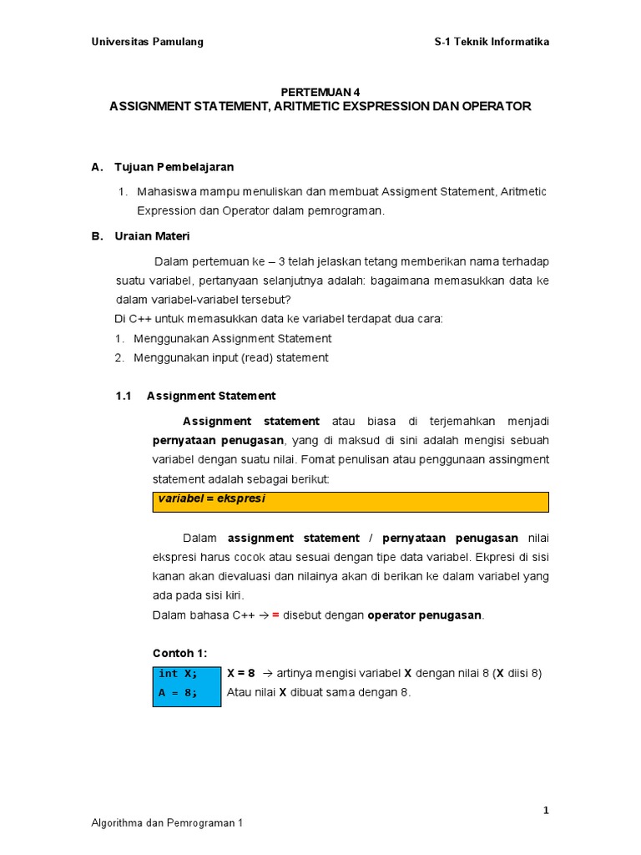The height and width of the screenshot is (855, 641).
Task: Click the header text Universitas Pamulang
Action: [147, 42]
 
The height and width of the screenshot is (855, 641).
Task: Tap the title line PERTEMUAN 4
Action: [320, 92]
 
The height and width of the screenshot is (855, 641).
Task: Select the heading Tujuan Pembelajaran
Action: [174, 167]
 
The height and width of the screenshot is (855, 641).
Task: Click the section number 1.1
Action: [124, 396]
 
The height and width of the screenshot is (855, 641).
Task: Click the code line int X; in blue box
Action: [178, 674]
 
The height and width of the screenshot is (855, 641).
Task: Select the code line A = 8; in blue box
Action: [178, 693]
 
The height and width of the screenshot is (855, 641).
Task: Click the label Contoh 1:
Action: [179, 653]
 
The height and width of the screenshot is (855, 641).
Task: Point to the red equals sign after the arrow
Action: [275, 615]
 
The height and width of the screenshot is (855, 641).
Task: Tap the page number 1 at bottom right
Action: [546, 810]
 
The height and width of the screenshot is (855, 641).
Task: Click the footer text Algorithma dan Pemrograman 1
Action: [167, 823]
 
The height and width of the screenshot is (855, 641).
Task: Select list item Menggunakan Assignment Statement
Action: [232, 338]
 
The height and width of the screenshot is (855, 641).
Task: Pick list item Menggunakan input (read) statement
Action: [230, 357]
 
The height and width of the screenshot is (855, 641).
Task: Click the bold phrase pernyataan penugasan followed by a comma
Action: [219, 440]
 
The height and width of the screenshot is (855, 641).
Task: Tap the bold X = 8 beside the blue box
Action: [240, 673]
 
